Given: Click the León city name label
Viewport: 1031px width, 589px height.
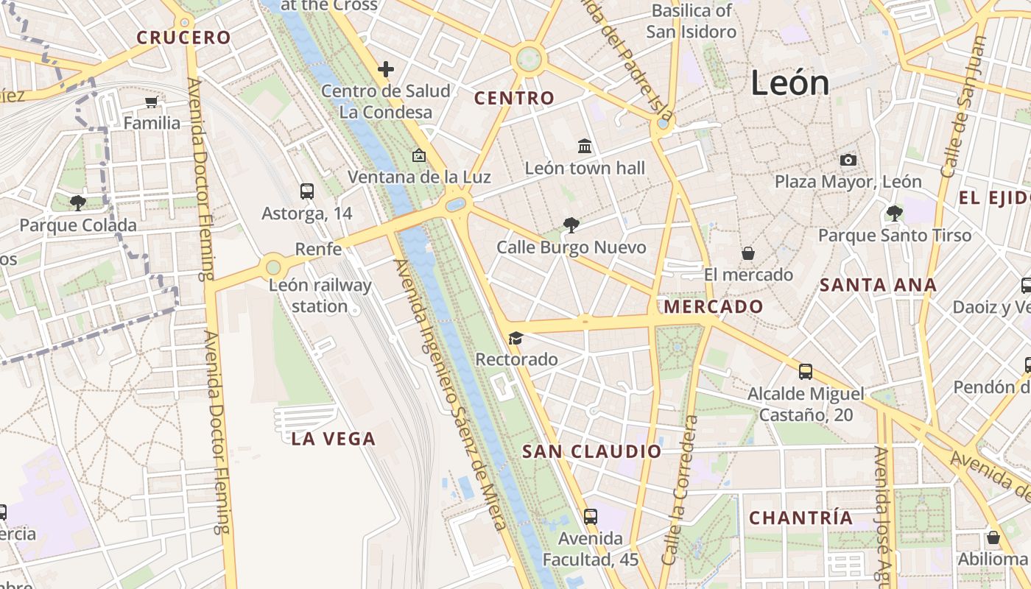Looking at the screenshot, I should (x=790, y=82).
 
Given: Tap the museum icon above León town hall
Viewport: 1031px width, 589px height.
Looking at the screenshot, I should (x=585, y=147).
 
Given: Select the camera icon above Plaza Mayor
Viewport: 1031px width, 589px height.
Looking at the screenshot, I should (x=848, y=160).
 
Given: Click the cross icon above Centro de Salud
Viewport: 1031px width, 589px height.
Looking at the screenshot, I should (x=385, y=69).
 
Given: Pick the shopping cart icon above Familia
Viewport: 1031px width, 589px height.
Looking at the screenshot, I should (x=152, y=102).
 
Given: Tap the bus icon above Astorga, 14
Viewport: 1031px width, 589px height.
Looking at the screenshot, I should (x=307, y=191).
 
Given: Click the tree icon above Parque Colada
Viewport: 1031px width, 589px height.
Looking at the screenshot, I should (x=77, y=202).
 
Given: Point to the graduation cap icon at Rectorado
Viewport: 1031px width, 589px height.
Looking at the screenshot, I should (x=515, y=338).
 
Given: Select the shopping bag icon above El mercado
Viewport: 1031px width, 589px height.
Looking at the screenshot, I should (x=748, y=253).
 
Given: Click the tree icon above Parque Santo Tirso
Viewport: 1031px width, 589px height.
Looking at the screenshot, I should (x=895, y=214).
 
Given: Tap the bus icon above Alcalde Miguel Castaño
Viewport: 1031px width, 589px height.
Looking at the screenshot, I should (x=806, y=372).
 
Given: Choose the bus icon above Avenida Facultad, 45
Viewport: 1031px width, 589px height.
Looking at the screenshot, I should (x=590, y=516).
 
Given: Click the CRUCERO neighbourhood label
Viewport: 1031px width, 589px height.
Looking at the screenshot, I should (x=183, y=38).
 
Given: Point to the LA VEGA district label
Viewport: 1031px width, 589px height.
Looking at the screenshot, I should (x=334, y=439).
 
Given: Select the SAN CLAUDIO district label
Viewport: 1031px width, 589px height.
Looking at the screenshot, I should (x=592, y=451).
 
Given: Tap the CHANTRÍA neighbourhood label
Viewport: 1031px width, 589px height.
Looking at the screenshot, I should (x=801, y=518).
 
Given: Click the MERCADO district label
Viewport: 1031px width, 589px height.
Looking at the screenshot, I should (x=714, y=306).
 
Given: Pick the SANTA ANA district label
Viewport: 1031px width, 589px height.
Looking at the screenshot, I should (x=878, y=285).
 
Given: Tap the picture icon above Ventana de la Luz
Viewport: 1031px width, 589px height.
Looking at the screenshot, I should (x=419, y=155).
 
